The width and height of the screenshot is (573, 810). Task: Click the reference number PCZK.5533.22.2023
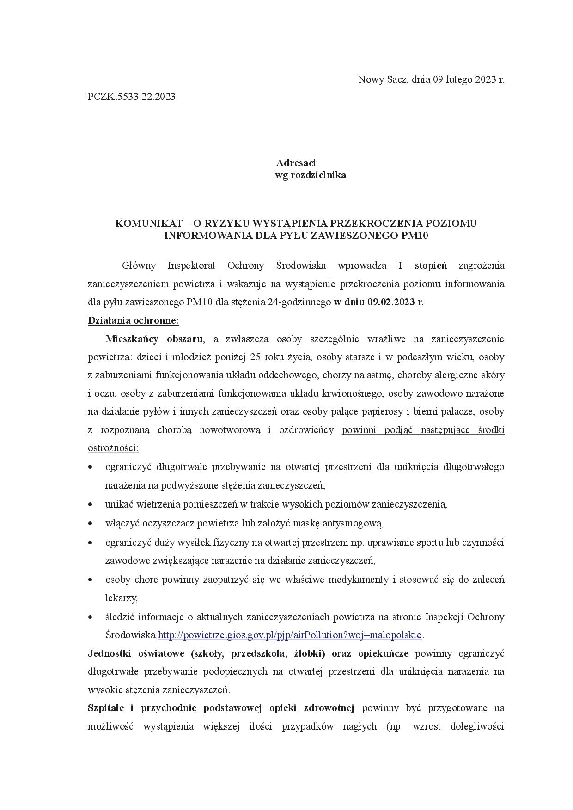(x=131, y=97)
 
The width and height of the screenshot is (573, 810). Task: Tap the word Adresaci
(x=296, y=163)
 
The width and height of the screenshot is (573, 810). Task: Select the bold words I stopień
(x=422, y=266)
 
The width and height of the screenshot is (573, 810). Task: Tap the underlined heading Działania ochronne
(x=133, y=320)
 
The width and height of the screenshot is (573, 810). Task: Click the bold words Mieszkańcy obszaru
(x=154, y=339)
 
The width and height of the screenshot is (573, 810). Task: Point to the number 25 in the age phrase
(x=255, y=357)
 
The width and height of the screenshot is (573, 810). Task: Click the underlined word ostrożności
(x=113, y=448)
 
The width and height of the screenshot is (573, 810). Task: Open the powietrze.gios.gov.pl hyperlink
(x=289, y=635)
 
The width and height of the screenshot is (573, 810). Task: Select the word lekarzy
(x=121, y=598)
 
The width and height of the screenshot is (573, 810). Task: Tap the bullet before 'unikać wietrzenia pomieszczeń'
(x=91, y=504)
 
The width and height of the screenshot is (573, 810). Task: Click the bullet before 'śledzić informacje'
(x=91, y=617)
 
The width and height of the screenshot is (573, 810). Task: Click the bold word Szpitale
(x=106, y=708)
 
